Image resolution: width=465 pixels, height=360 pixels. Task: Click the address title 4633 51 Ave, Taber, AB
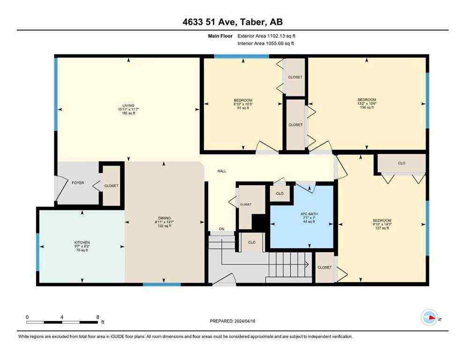232,22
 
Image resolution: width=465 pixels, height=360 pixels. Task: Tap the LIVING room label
128,105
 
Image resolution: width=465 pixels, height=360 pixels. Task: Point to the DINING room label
164,218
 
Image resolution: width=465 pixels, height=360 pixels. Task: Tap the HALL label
222,171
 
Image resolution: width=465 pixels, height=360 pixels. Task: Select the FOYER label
78,182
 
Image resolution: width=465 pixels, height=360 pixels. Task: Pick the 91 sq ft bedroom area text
243,108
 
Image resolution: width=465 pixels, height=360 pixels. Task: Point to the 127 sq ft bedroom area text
382,228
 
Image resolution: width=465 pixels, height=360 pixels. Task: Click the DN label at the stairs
222,229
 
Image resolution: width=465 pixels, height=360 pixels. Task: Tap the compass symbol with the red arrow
429,318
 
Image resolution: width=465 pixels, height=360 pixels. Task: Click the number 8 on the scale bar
97,317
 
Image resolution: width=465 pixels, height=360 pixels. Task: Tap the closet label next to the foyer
111,186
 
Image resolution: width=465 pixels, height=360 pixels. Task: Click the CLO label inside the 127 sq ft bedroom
401,163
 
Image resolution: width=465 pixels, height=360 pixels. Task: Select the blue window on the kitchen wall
38,252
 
